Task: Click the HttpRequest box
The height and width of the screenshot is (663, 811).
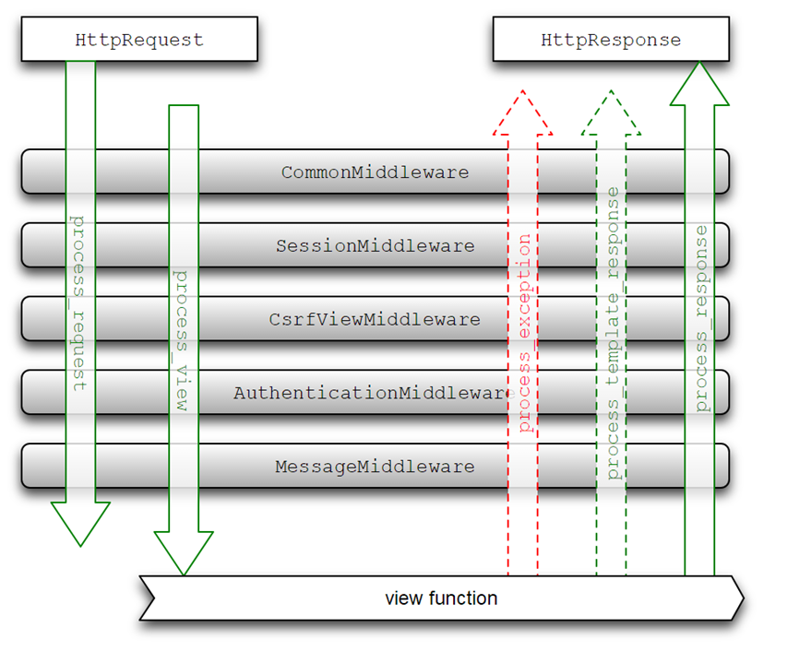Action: click(139, 39)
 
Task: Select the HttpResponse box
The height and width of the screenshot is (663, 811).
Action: click(611, 39)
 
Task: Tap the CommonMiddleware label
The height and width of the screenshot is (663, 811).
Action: click(375, 172)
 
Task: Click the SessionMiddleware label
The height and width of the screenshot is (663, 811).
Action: click(375, 245)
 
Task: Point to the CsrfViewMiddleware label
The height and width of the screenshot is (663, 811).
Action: click(375, 319)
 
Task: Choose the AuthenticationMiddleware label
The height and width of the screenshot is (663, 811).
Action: click(372, 393)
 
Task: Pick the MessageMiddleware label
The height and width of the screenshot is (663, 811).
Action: click(375, 467)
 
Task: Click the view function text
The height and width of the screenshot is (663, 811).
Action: click(441, 598)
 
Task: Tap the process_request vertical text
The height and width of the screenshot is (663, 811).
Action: click(78, 303)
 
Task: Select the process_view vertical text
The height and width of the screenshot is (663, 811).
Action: click(181, 340)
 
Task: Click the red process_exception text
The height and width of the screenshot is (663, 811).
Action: click(524, 333)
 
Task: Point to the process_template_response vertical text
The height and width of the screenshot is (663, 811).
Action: click(613, 333)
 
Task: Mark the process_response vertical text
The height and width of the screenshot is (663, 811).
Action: click(701, 318)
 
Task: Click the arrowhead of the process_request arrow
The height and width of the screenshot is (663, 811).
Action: click(80, 524)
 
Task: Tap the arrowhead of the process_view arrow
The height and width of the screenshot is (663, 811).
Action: click(184, 553)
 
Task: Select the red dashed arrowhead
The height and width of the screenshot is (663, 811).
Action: click(523, 112)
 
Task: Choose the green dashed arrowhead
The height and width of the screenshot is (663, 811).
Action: click(612, 112)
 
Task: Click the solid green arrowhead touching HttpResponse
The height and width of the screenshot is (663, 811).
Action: click(699, 83)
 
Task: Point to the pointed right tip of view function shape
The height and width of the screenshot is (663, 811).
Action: click(744, 598)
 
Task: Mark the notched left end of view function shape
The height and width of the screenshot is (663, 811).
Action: click(153, 598)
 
